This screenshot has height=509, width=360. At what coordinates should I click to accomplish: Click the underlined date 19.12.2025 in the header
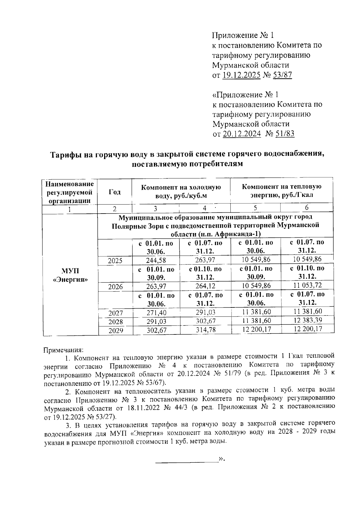241,75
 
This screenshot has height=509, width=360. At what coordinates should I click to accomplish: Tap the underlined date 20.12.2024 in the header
241,134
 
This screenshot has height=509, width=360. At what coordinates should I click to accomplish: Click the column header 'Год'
115,192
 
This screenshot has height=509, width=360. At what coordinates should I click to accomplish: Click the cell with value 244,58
156,260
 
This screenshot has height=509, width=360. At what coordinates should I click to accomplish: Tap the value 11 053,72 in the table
307,285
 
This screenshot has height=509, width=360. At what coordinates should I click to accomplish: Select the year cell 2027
115,313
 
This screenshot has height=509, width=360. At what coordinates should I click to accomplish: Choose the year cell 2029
115,331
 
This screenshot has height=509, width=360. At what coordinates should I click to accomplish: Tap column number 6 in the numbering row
307,208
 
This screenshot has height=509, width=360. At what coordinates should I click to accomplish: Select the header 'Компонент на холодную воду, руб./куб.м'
181,191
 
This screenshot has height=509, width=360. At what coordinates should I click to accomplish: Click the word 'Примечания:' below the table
63,350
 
